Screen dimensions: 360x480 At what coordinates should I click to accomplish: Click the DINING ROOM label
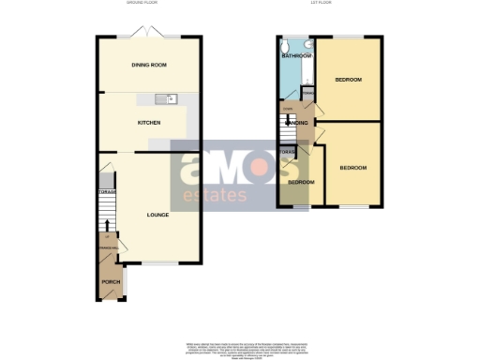[148, 64]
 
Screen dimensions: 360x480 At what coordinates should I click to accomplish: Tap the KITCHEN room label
[149, 123]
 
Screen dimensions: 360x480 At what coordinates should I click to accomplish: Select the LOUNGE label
[157, 215]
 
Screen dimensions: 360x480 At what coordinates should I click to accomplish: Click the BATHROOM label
[296, 56]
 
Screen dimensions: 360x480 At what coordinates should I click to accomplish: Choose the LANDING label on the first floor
[297, 121]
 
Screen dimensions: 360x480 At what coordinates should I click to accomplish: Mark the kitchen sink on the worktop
[172, 98]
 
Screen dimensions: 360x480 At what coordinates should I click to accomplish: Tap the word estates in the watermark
[215, 196]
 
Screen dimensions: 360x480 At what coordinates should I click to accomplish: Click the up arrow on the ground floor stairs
[108, 225]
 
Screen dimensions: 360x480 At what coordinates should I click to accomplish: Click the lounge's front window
[154, 262]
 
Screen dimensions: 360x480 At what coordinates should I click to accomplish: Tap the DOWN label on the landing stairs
[288, 108]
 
